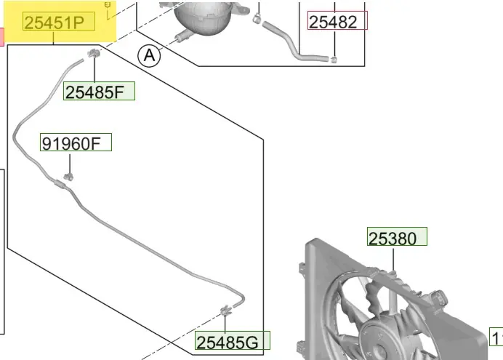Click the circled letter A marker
pos(149,56)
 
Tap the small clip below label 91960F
pos(68,176)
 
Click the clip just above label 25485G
pos(226,310)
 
